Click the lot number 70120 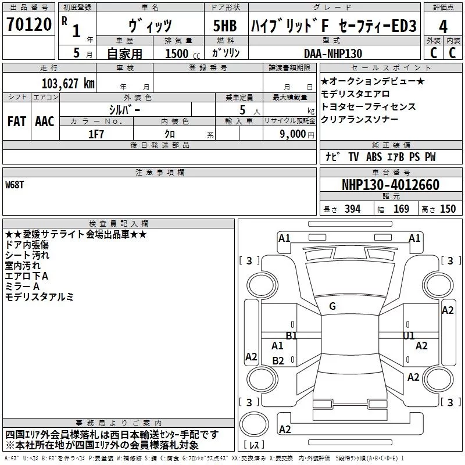[29, 24]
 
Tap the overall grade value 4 [443, 26]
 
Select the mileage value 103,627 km [68, 84]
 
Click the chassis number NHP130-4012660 [391, 185]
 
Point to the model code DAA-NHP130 [333, 53]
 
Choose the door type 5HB [225, 26]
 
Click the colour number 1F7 [96, 134]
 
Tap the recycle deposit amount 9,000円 [297, 134]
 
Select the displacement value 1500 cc [183, 53]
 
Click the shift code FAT [17, 121]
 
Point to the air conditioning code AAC [45, 121]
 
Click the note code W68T [14, 185]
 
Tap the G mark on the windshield [332, 306]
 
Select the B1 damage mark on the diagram [292, 336]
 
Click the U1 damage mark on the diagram [409, 336]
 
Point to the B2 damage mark [278, 360]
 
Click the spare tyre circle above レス [254, 424]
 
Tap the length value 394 [353, 209]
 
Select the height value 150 [448, 209]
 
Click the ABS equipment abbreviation [374, 157]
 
